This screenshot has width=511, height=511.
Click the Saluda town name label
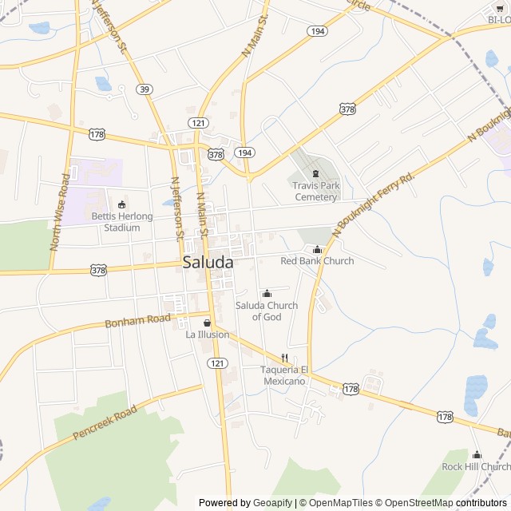208,262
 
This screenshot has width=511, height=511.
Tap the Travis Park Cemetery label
316,191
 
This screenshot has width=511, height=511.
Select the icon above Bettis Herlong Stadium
121,204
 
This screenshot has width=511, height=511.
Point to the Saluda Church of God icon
267,294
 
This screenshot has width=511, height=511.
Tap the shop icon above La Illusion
208,323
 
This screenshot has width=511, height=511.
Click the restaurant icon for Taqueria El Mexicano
283,358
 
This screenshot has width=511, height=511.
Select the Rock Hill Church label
477,466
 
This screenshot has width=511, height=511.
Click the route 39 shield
144,89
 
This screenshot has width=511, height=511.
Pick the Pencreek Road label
105,423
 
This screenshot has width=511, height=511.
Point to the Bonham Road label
138,321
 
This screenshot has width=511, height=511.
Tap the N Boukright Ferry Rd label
375,204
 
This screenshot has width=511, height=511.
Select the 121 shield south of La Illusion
217,362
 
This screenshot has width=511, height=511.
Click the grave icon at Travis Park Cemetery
315,174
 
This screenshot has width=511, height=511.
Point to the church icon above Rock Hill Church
477,455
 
